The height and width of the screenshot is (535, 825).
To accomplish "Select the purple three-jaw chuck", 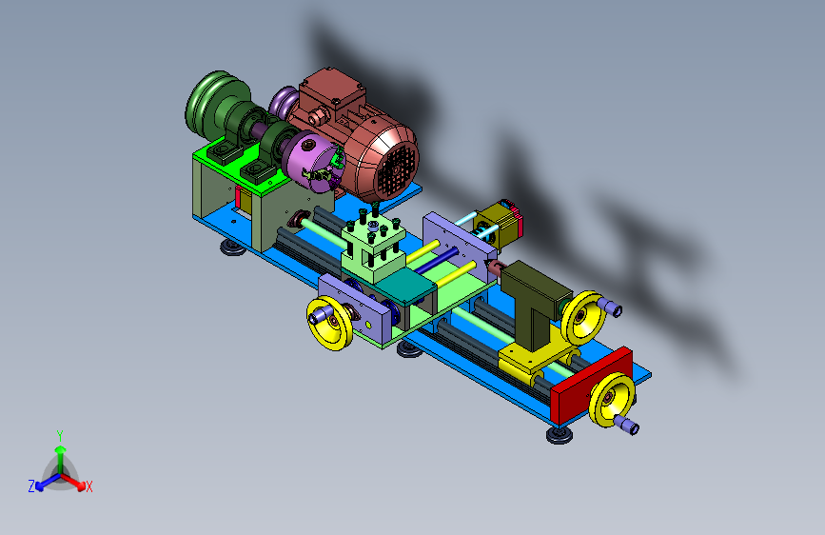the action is [x=314, y=162].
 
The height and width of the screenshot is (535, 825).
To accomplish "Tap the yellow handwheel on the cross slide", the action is [x=330, y=323].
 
